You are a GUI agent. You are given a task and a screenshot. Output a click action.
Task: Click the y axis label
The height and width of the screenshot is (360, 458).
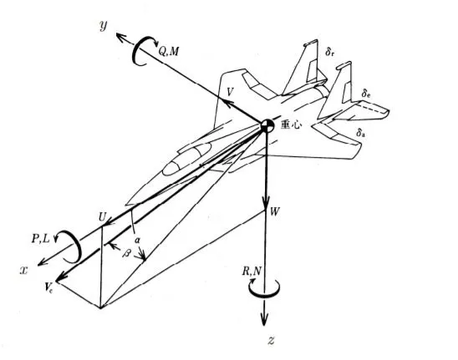click(x=104, y=26)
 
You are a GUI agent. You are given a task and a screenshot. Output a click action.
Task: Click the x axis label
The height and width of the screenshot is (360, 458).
click(x=23, y=271)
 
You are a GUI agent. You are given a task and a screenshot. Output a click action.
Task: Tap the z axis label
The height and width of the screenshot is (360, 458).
click(x=272, y=341)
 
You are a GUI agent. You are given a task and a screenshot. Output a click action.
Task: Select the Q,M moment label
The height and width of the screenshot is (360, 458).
click(x=169, y=52)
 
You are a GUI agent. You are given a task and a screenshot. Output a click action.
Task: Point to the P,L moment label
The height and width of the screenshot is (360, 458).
click(x=41, y=239)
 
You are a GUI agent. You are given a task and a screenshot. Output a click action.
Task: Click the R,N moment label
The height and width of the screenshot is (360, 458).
click(x=252, y=271)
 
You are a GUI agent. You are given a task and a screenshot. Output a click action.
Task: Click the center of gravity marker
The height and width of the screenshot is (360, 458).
click(x=267, y=125)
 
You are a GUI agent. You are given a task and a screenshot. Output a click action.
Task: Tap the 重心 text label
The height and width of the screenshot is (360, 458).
click(x=290, y=125)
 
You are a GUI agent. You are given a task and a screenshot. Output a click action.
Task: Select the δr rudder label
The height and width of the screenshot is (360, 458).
click(x=330, y=52)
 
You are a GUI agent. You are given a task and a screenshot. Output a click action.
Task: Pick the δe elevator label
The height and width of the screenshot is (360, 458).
click(x=366, y=94)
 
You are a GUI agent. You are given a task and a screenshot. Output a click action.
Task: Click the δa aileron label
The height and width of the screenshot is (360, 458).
click(x=361, y=132)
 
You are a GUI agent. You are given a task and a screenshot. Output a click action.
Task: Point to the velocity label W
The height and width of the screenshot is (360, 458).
click(x=275, y=211)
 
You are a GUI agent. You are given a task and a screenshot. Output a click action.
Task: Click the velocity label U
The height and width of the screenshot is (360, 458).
click(x=102, y=217)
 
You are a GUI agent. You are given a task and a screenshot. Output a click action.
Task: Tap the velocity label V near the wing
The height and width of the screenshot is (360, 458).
click(x=230, y=92)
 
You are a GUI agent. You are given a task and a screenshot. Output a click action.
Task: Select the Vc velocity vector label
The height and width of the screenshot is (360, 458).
click(x=48, y=287)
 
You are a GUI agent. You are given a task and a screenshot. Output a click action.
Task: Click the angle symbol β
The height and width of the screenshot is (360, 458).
click(x=127, y=252)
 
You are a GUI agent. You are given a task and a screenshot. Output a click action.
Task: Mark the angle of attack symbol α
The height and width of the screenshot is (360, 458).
click(x=137, y=241)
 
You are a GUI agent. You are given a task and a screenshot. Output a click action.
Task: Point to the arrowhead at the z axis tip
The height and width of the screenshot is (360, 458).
click(x=264, y=319)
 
